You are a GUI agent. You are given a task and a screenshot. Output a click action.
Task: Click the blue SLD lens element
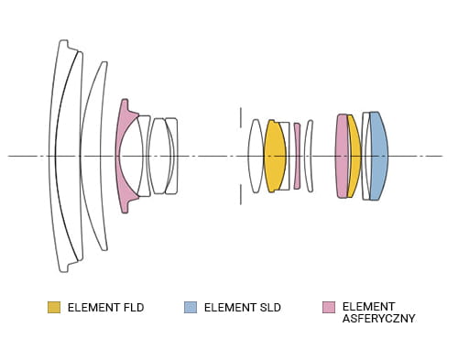379,156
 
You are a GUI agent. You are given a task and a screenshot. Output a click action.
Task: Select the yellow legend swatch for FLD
54,307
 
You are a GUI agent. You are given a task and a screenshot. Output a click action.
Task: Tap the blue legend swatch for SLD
191,307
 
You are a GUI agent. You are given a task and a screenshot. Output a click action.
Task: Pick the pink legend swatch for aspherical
329,307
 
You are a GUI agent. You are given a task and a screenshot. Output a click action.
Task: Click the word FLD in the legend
134,308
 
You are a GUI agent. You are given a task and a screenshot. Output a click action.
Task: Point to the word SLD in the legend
270,308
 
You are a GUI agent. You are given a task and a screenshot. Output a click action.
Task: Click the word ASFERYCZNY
378,319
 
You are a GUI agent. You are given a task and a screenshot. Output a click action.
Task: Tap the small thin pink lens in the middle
297,156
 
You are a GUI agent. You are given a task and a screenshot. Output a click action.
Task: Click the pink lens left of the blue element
342,156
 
